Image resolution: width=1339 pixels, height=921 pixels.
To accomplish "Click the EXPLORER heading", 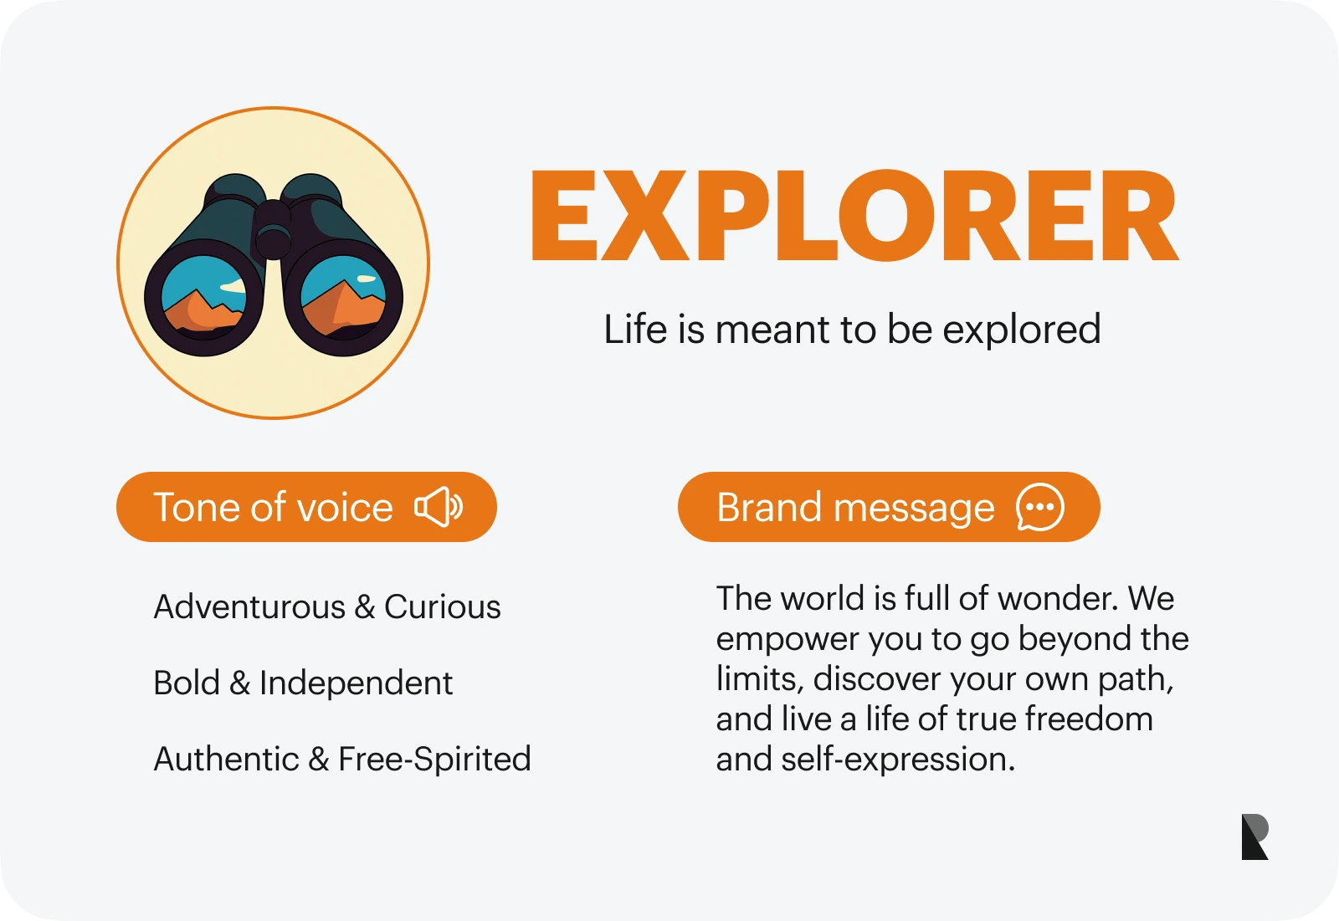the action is [854, 217].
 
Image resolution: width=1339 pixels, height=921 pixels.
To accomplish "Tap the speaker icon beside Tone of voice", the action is [439, 507].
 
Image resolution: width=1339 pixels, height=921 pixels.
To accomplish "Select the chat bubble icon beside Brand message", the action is [1040, 507].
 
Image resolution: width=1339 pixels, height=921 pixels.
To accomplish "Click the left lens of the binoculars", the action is [203, 298].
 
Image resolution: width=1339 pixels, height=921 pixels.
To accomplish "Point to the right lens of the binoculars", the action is [343, 298].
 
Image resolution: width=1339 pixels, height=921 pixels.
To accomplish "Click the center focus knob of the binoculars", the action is [273, 230].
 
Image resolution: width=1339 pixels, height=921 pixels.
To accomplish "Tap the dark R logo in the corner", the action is [1254, 837].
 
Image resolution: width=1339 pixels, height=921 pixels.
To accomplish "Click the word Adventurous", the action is [249, 607].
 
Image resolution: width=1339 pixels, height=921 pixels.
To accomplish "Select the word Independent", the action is [356, 683].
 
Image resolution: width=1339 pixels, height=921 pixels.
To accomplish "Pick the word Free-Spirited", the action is [434, 760].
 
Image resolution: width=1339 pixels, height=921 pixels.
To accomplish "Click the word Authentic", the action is [227, 759].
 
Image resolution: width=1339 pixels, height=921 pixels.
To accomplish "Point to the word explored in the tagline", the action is [1022, 330].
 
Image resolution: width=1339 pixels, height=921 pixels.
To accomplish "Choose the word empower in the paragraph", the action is [787, 640].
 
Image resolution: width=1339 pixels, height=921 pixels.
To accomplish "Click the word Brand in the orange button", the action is [769, 508].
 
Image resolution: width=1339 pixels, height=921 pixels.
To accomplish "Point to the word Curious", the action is [443, 607].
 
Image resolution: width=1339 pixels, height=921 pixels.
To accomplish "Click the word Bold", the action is [187, 683].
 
